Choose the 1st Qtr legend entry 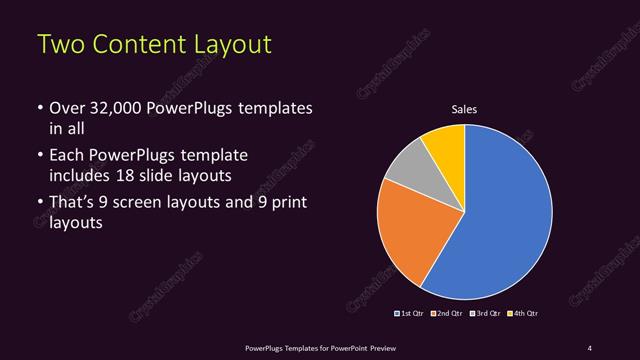tap(411, 314)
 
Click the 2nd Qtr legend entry tap(447, 314)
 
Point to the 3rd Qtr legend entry tap(485, 314)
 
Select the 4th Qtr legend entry tap(523, 314)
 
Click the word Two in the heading tap(59, 46)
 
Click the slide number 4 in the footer tap(590, 347)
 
